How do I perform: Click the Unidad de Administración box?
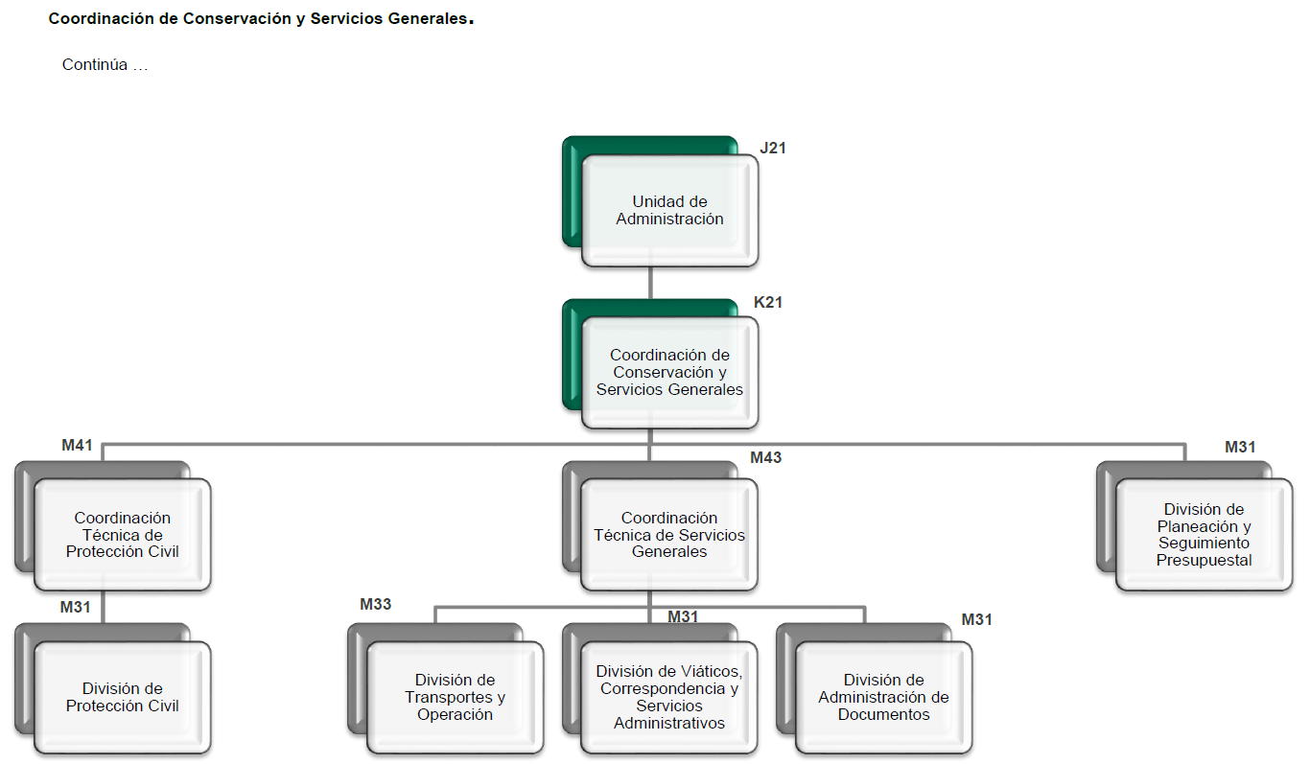(x=669, y=211)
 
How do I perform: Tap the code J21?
(x=773, y=148)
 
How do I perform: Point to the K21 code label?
(x=768, y=302)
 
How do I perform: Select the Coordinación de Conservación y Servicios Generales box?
(x=669, y=373)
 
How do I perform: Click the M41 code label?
(x=77, y=445)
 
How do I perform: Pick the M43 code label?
(x=766, y=458)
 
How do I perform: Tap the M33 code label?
(x=376, y=604)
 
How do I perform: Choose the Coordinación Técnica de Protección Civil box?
(x=123, y=535)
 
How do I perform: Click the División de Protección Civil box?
(x=123, y=697)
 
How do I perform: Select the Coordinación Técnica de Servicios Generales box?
(x=669, y=535)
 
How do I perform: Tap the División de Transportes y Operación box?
(x=455, y=697)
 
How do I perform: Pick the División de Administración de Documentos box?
(x=883, y=697)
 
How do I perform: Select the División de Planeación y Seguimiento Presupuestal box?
(x=1204, y=535)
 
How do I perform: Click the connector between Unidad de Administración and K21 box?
(x=650, y=283)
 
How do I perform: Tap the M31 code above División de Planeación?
(x=1240, y=447)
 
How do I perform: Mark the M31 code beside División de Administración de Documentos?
(x=977, y=620)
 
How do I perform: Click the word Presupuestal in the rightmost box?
(x=1204, y=561)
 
